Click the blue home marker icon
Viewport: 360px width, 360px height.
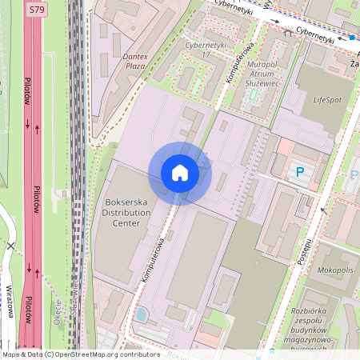180,173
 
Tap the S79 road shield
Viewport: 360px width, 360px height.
35,10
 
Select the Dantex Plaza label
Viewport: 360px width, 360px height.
123,62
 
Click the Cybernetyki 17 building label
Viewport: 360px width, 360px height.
202,50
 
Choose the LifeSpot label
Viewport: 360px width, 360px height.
326,100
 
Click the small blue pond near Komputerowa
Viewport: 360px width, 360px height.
142,314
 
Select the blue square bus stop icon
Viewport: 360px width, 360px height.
351,37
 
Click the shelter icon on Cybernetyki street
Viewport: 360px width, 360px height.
287,34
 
